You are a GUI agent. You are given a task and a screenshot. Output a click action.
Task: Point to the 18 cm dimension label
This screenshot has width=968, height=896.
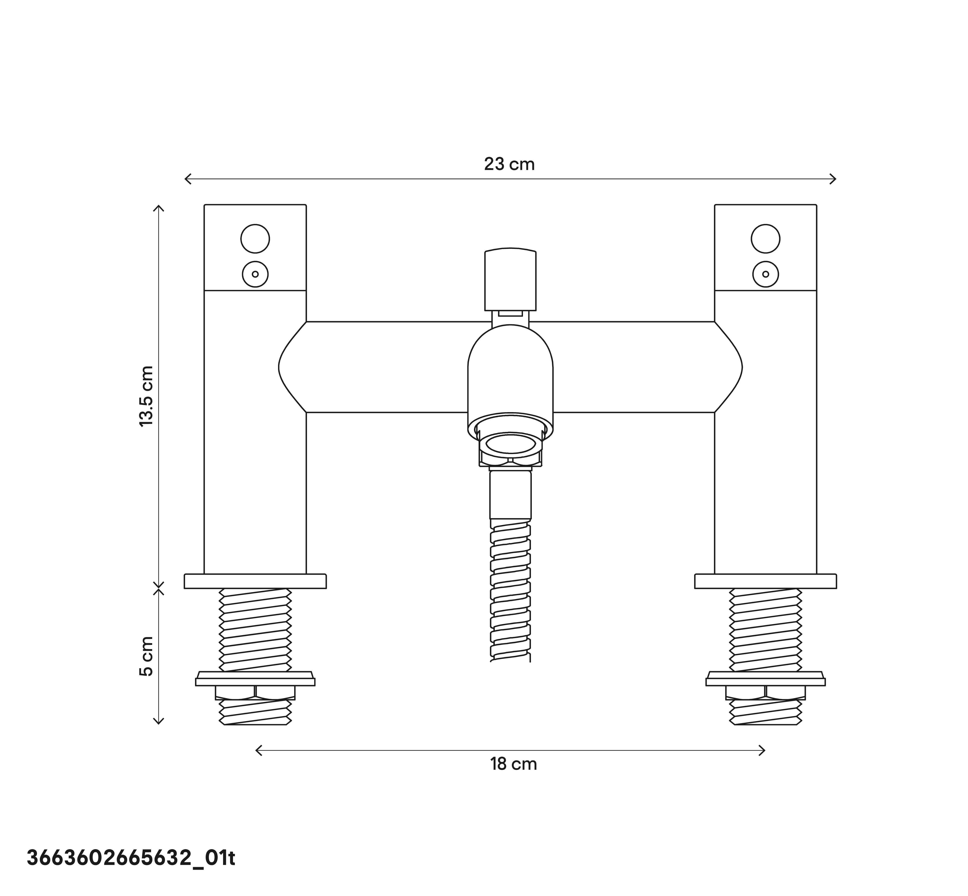tap(513, 764)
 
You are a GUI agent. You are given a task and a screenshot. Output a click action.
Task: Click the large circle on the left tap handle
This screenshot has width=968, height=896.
tap(255, 239)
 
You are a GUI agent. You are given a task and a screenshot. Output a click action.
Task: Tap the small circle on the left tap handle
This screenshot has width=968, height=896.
tap(255, 274)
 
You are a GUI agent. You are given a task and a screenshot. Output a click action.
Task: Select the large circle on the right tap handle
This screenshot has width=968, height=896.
tap(765, 239)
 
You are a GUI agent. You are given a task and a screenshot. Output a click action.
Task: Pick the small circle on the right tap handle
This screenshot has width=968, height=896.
tap(765, 274)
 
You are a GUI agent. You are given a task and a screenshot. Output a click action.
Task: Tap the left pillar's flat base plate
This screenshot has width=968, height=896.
tap(255, 581)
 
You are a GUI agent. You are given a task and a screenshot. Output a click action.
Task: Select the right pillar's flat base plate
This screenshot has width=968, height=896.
tap(765, 581)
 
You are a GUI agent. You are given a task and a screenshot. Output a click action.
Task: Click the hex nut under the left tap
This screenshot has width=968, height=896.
tap(255, 692)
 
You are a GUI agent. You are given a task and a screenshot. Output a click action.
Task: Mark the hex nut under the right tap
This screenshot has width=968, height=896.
tap(765, 692)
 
